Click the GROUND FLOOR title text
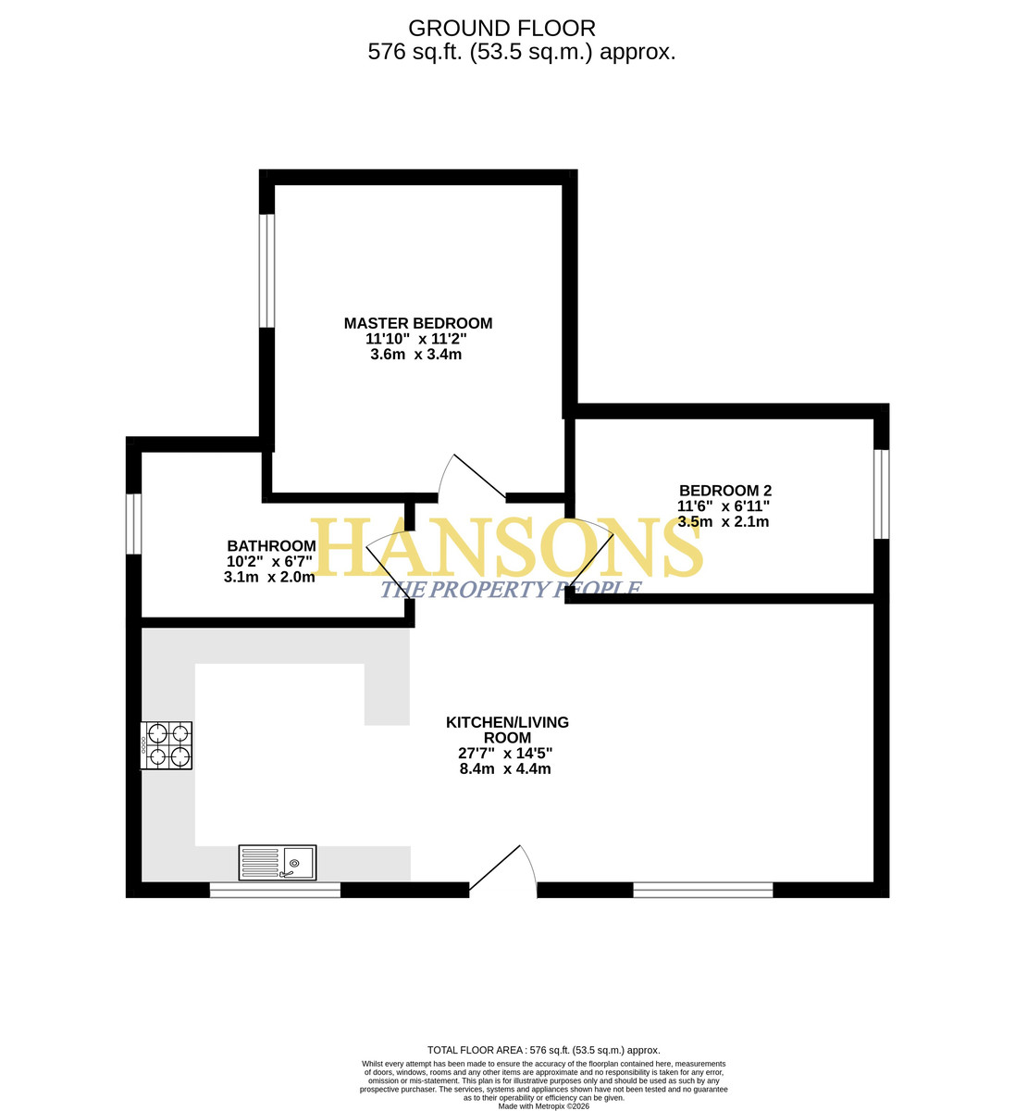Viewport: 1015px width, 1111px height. tap(501, 29)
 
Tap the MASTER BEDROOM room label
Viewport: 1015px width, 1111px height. tap(418, 323)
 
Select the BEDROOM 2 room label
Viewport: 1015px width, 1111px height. tap(725, 491)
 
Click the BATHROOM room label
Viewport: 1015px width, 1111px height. tap(271, 546)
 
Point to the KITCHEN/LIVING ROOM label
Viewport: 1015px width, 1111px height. tap(507, 730)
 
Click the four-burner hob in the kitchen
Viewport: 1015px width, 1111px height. tap(167, 745)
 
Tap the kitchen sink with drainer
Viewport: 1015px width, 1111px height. tap(278, 862)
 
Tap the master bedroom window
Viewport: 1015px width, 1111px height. tap(266, 271)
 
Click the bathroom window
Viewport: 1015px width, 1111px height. tap(133, 524)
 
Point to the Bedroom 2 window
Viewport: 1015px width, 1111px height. tap(882, 494)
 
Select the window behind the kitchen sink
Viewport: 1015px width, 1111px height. tap(275, 890)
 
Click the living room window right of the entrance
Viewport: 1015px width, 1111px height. tap(702, 890)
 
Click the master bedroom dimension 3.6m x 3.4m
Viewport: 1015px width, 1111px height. tap(415, 355)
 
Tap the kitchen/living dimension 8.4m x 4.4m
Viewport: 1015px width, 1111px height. tap(505, 768)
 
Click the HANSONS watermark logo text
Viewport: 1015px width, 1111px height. tap(506, 547)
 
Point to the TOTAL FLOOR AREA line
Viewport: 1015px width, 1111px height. tap(544, 1050)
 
